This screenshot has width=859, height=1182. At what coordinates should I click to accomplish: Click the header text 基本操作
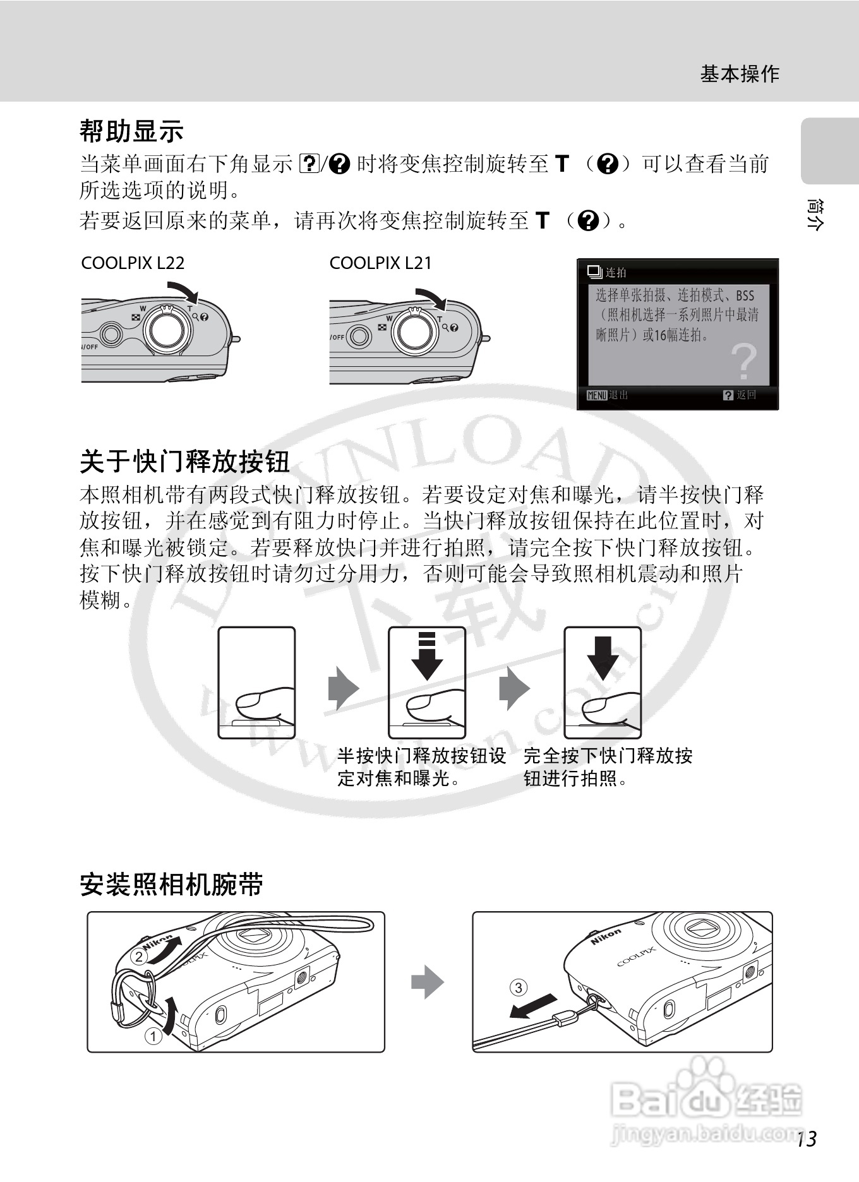coord(740,74)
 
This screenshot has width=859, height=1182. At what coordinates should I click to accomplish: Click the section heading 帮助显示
coord(131,131)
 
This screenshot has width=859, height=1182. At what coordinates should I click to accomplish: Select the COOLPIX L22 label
coord(133,263)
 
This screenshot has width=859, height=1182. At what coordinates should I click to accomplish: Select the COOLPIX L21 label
coord(381,263)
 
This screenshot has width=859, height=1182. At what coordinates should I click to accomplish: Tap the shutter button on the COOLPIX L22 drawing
coord(167,330)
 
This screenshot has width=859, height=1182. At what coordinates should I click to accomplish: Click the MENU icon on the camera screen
coord(596,395)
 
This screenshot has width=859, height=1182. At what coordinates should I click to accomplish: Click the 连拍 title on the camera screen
coord(616,272)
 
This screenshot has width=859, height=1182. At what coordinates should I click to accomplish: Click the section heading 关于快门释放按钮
coord(184,462)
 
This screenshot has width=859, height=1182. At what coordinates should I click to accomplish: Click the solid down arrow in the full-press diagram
coord(603,657)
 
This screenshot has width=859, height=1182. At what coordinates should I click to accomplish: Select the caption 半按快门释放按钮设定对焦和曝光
coord(421,767)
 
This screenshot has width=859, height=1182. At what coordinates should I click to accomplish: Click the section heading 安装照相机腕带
coord(171,884)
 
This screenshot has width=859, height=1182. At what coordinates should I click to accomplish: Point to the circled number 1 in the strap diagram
coord(153,1036)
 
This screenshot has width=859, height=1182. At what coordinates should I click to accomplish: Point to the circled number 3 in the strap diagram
coord(518,987)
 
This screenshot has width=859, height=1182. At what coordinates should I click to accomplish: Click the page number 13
coord(807,1138)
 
